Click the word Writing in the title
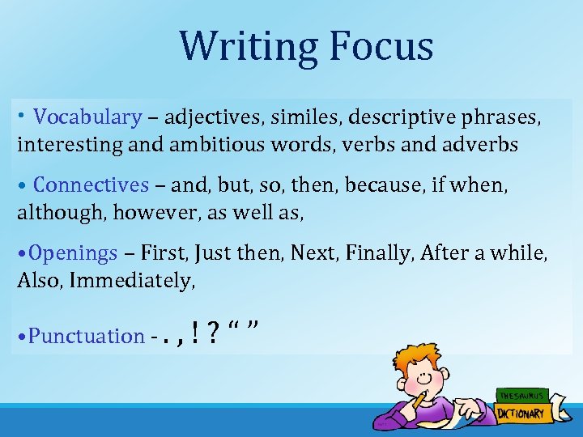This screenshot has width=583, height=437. (x=244, y=46)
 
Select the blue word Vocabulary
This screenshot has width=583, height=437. (x=87, y=117)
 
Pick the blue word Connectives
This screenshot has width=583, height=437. (x=91, y=185)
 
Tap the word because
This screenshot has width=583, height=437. (x=381, y=185)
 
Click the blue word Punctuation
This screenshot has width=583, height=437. (x=86, y=336)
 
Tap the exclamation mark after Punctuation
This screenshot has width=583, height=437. (x=197, y=333)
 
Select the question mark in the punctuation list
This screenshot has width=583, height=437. (x=213, y=333)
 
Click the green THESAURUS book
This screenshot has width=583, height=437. (x=521, y=396)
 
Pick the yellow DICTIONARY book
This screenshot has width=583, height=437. (x=521, y=414)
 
